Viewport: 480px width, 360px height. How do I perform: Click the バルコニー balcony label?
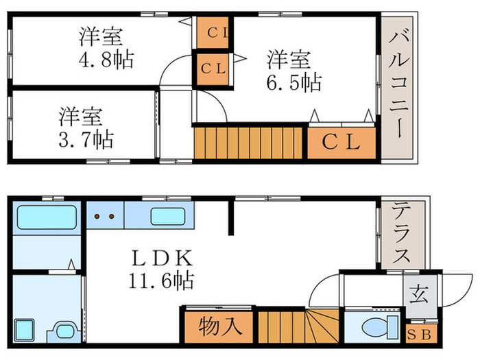(397, 83)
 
